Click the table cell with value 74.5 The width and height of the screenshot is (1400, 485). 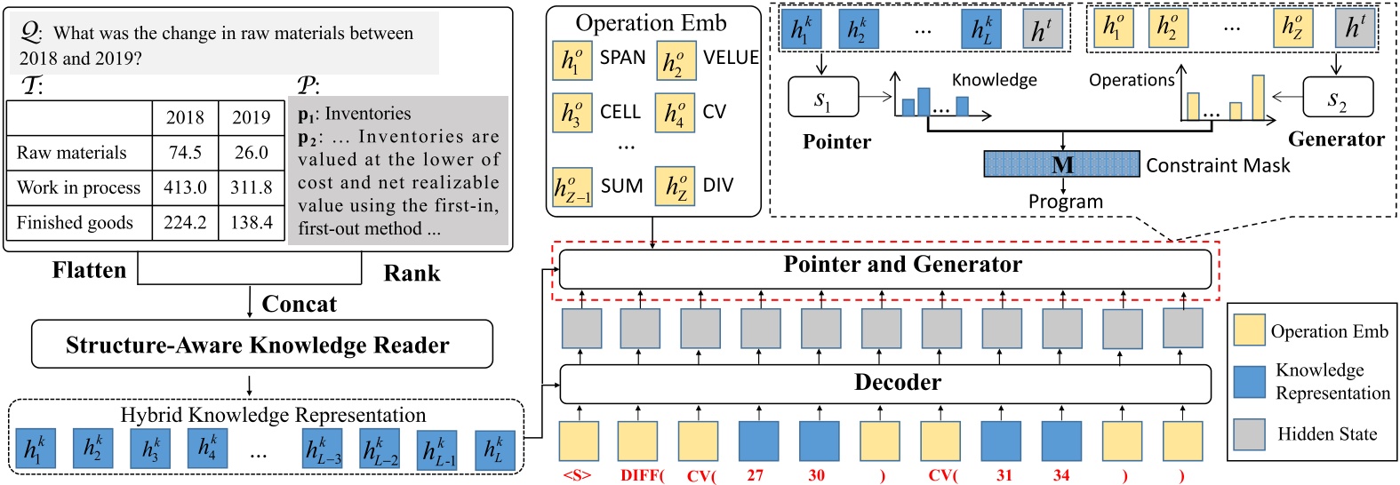pyautogui.click(x=185, y=153)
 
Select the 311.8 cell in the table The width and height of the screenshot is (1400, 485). pyautogui.click(x=252, y=187)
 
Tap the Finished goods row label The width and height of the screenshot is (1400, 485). pyautogui.click(x=75, y=223)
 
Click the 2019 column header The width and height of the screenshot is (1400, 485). pyautogui.click(x=252, y=117)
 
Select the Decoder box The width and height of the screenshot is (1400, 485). pyautogui.click(x=884, y=383)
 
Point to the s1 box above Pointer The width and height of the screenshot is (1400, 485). pyautogui.click(x=823, y=98)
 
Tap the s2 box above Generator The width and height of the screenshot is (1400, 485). pyautogui.click(x=1337, y=98)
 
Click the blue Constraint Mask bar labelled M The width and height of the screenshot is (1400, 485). pyautogui.click(x=1061, y=164)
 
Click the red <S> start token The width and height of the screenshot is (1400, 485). pyautogui.click(x=577, y=475)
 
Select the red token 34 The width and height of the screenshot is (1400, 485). pyautogui.click(x=1061, y=475)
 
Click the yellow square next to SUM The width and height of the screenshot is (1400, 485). pyautogui.click(x=572, y=187)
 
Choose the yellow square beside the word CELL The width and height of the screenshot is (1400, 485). pyautogui.click(x=572, y=113)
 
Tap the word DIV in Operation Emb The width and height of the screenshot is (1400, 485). pyautogui.click(x=717, y=186)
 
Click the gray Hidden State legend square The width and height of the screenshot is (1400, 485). pyautogui.click(x=1249, y=434)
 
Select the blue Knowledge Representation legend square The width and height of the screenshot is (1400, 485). pyautogui.click(x=1249, y=381)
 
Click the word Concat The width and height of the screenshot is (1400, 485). pyautogui.click(x=299, y=305)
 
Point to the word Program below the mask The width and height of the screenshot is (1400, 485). pyautogui.click(x=1065, y=202)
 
